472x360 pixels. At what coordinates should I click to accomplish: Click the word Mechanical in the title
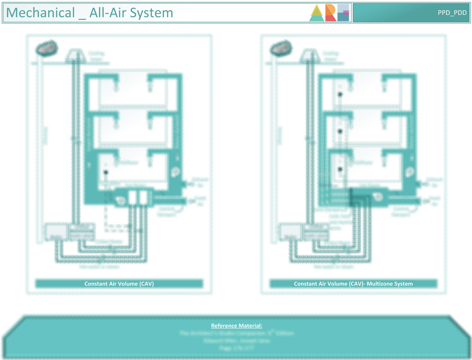pos(41,13)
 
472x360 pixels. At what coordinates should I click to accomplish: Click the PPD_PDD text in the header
pos(452,13)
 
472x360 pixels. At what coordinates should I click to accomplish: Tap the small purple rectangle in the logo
pos(346,12)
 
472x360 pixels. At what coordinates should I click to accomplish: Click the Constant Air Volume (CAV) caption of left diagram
pos(119,284)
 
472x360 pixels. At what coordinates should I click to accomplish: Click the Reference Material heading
pos(236,325)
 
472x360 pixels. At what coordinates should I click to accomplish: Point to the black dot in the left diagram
pos(106,172)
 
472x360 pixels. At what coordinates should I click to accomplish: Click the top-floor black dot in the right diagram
pos(340,94)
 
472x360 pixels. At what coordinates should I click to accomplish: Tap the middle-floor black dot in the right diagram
pos(340,131)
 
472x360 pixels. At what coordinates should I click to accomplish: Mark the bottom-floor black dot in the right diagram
pos(340,169)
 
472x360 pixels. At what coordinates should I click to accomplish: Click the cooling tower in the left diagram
pos(75,55)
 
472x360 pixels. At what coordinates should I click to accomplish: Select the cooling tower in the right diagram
pos(310,55)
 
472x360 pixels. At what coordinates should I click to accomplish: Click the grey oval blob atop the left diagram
pos(47,48)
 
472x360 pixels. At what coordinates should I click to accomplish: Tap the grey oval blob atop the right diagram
pos(281,48)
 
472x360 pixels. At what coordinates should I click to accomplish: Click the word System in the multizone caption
pos(403,284)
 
